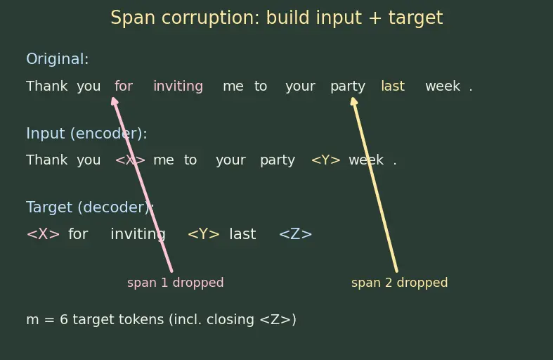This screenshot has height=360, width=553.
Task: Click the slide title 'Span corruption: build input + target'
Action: coord(277,18)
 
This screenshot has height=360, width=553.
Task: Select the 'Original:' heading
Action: coord(57,59)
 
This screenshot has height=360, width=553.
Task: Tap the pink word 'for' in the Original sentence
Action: coord(124,86)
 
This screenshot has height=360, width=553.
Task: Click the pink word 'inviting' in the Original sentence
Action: coord(178,86)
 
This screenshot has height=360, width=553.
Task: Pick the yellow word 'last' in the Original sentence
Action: coord(393,86)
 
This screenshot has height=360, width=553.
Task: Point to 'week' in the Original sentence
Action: coord(443,86)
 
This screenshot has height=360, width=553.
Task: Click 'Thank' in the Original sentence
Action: coord(47,86)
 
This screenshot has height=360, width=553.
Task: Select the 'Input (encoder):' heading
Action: coord(86,134)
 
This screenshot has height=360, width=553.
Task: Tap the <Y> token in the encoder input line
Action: coord(325,160)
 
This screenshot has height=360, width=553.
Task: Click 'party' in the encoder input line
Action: coord(278,160)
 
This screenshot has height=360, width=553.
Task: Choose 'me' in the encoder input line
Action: coord(164,160)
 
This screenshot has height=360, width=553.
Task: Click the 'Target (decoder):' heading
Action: coord(90,207)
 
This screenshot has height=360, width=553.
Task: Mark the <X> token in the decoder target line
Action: coord(43,234)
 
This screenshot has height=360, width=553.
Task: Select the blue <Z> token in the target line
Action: coord(296,234)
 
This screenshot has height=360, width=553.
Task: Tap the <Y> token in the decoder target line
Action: coord(204,234)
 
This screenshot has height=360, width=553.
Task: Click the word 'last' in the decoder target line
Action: coord(242,234)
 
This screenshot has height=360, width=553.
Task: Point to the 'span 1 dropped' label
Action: coord(175,283)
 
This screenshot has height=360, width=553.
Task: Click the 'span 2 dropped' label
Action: coord(400,283)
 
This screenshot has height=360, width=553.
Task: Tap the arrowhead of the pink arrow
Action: coord(115,101)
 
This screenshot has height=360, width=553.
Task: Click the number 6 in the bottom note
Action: coord(64,319)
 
